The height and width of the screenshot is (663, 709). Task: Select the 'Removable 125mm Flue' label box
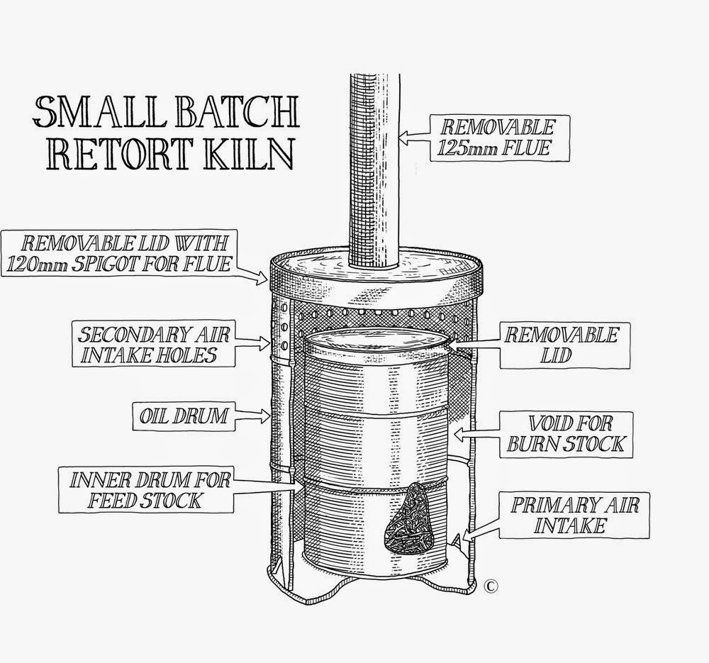click(499, 138)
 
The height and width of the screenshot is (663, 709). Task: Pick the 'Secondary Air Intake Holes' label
click(154, 344)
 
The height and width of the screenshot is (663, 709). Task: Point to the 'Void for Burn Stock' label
click(566, 435)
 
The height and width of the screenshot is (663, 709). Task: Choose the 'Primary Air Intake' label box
click(574, 516)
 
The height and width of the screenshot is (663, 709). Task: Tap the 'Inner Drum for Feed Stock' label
click(147, 490)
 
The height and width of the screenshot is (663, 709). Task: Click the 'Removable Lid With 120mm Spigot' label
click(119, 253)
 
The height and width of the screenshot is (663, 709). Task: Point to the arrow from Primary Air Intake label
click(481, 529)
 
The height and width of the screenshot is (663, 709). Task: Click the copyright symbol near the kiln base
click(491, 586)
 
